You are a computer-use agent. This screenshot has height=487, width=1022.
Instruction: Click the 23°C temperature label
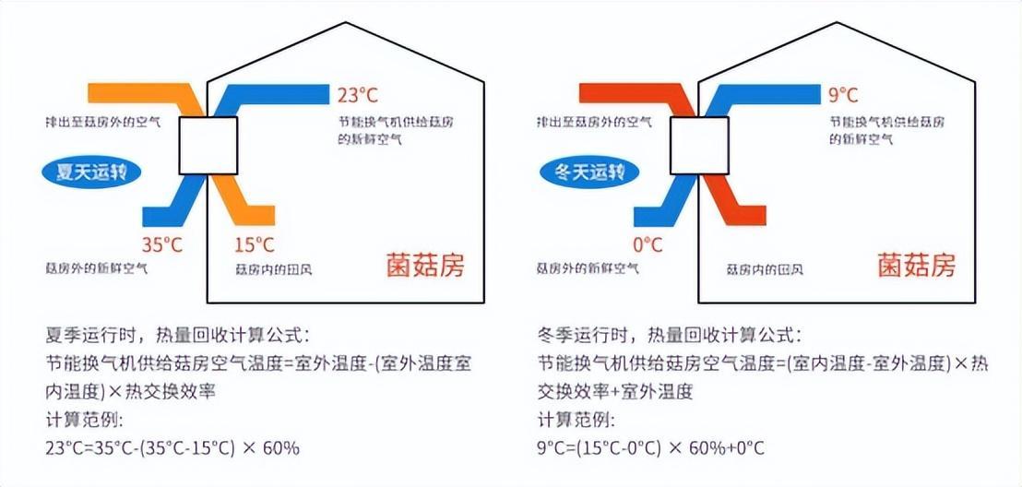click(357, 94)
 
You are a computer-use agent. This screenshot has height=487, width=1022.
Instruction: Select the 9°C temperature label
click(843, 94)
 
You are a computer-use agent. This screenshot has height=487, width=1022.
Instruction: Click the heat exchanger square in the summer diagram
click(208, 146)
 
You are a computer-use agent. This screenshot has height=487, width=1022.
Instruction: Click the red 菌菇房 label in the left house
click(425, 266)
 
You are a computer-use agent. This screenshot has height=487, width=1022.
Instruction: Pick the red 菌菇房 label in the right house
click(917, 266)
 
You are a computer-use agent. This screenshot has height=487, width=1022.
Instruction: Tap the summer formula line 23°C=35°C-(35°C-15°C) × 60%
click(172, 449)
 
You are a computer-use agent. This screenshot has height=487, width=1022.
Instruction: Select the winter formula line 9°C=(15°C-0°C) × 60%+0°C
click(651, 449)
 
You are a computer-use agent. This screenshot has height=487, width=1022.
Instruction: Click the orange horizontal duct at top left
click(129, 93)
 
